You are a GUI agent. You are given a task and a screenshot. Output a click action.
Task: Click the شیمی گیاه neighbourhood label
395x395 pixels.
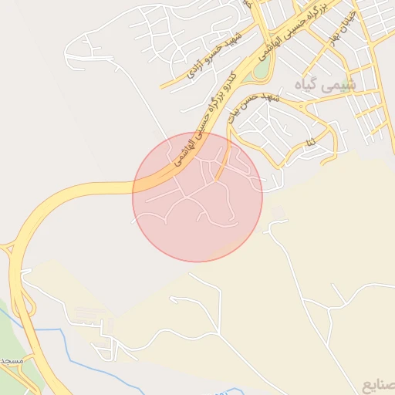326,84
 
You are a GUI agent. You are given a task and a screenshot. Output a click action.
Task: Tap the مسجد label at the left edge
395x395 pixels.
11,361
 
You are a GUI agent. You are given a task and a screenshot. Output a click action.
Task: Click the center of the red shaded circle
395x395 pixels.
197,197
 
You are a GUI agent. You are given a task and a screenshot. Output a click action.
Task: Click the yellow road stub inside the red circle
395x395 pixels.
223,167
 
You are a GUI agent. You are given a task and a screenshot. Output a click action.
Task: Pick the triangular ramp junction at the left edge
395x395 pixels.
8,248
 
